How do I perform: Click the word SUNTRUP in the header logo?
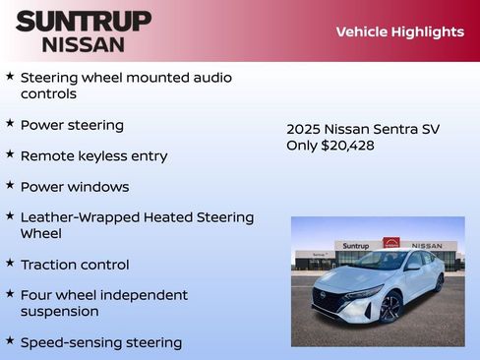84,21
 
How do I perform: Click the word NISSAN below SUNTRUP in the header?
84,44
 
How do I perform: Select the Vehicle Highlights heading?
399,31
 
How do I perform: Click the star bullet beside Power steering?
10,124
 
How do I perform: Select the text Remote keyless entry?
93,155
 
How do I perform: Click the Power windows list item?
74,186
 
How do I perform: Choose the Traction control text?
74,264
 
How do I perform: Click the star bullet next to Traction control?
10,263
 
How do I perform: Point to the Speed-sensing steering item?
100,342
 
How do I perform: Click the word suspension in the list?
59,311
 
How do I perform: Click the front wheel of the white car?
390,308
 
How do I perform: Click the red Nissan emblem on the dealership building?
391,244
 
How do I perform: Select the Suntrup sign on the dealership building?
355,245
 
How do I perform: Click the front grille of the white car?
329,299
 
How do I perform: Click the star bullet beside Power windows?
10,185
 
